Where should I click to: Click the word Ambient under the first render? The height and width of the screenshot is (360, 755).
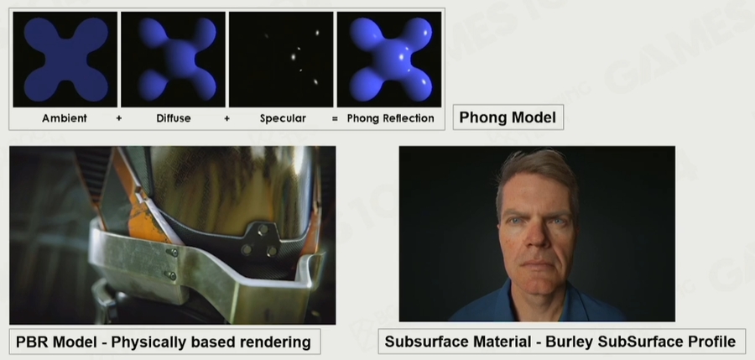[65, 118]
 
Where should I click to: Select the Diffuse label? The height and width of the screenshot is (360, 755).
[174, 118]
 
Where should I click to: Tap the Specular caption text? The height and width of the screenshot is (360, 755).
[283, 118]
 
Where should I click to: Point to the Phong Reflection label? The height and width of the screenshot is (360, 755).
[390, 118]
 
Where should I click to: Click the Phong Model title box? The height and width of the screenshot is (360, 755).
[508, 117]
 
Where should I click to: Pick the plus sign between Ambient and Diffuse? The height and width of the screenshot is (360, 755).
[119, 118]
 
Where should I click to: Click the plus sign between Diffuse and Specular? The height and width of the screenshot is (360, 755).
[226, 118]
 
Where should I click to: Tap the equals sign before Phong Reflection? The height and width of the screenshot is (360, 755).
[335, 118]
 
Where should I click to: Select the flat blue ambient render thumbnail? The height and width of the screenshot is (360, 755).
[65, 60]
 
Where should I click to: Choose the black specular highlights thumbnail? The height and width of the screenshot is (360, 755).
[281, 60]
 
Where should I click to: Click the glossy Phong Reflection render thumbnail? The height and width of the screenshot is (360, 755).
[389, 60]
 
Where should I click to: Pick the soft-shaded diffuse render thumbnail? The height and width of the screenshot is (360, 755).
[173, 60]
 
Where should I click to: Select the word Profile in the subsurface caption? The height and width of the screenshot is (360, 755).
[711, 342]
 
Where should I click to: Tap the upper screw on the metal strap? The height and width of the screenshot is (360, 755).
[174, 252]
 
